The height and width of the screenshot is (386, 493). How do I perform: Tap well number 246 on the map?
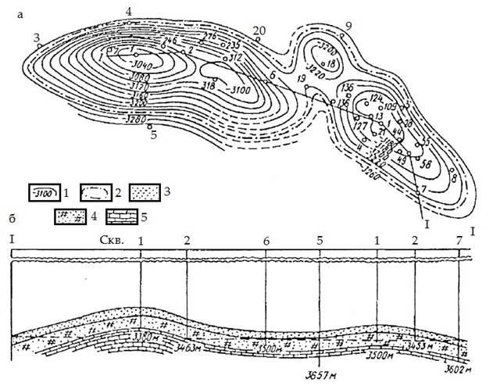point(171,40)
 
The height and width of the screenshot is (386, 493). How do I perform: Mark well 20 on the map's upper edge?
point(259,30)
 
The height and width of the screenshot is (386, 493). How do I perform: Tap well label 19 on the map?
point(302,79)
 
